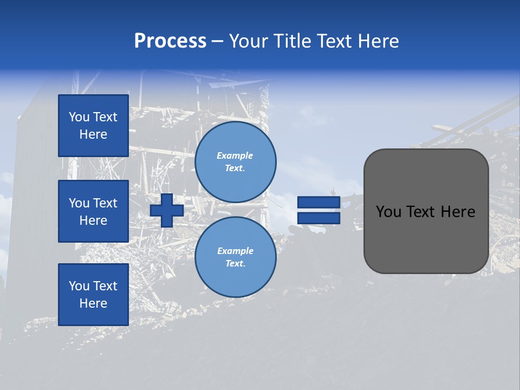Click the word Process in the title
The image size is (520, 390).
click(x=170, y=41)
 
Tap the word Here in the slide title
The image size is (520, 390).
click(x=378, y=41)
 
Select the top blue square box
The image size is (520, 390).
click(x=93, y=126)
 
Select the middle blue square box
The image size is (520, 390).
click(x=93, y=211)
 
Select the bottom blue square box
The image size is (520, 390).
click(x=93, y=295)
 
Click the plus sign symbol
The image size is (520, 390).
click(x=167, y=210)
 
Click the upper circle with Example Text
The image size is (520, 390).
click(x=236, y=162)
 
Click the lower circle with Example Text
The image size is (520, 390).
click(x=236, y=257)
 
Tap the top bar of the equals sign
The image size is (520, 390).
click(x=318, y=203)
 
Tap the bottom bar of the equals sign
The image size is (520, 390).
click(x=318, y=218)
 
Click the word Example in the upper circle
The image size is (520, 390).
click(x=235, y=155)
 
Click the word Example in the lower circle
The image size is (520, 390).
click(x=235, y=251)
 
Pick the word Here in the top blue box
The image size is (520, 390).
click(x=93, y=134)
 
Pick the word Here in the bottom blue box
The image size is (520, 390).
click(x=93, y=303)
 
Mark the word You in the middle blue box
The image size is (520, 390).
click(x=79, y=203)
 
